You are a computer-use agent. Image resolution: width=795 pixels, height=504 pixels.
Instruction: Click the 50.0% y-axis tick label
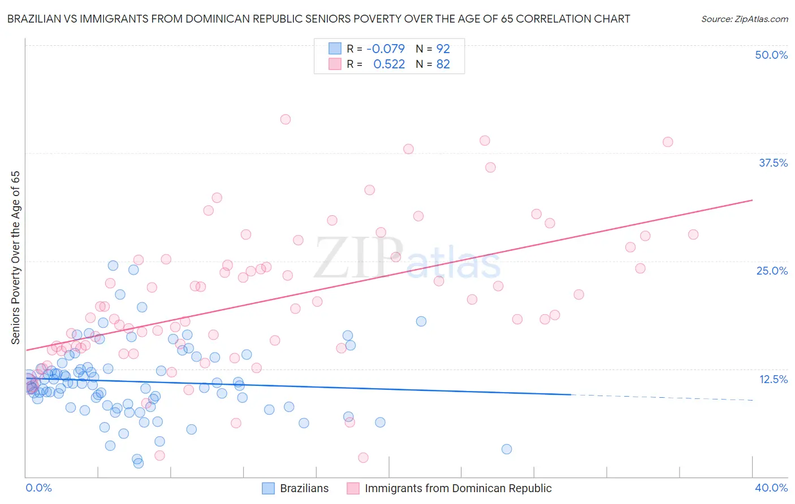pos(771,55)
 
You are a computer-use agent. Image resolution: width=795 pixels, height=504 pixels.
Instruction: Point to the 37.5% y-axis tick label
pos(773,163)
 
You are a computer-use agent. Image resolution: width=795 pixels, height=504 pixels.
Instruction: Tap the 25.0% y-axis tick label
pos(772,271)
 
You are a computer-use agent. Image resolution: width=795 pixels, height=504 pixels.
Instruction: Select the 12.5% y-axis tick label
pos(773,379)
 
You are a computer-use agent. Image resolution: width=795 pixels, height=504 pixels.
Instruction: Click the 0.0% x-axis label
pos(38,488)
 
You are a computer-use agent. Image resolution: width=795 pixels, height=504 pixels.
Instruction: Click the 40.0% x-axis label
pos(771,488)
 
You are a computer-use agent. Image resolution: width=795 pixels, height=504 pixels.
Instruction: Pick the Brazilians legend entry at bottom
pos(296,488)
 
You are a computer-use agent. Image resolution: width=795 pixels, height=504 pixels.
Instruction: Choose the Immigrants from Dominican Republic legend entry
pos(450,488)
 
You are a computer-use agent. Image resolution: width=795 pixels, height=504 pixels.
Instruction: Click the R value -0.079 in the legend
pos(386,49)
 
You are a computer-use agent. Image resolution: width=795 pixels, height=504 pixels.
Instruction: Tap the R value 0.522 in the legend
pos(389,64)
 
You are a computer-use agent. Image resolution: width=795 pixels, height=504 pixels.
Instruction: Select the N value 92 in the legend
pos(443,49)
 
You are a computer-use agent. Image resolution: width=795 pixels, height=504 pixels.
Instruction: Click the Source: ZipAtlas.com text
pos(744,19)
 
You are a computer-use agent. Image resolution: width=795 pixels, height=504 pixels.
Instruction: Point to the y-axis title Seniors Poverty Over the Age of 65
pos(15,257)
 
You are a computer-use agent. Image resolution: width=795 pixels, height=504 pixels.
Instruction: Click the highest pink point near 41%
pos(286,119)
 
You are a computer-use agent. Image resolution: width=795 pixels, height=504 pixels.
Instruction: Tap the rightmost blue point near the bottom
pos(507,449)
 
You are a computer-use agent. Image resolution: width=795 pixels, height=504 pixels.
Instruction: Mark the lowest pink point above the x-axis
pos(363,458)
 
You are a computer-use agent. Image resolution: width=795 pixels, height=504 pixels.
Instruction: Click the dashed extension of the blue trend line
pos(662,397)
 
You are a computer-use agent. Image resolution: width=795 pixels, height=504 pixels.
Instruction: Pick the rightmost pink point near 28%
pos(693,234)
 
